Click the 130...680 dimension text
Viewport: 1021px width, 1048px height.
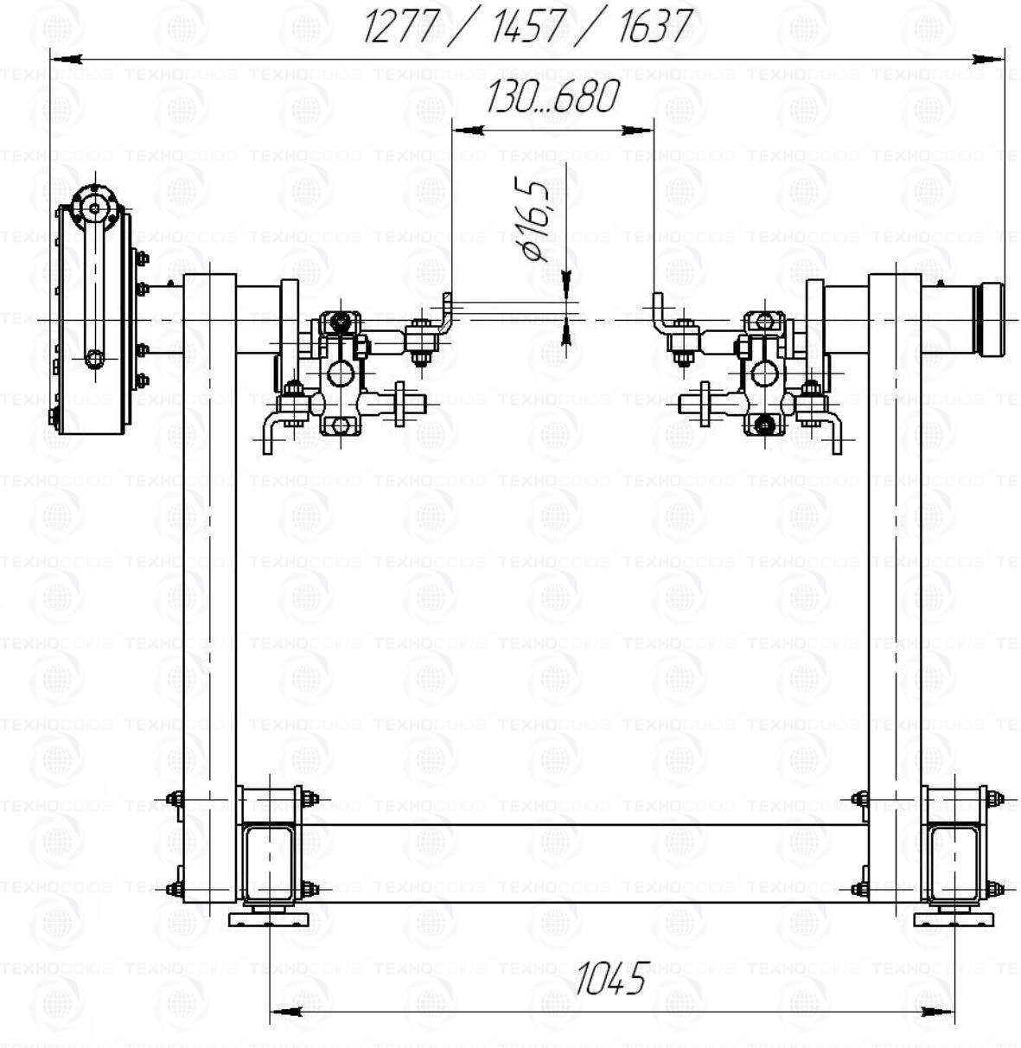click(553, 97)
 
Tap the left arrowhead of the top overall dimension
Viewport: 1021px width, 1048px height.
click(66, 58)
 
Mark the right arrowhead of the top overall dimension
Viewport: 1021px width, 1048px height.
click(989, 58)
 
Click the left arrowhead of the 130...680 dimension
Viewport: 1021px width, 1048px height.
click(468, 131)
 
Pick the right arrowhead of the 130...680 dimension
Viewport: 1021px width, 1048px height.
click(638, 131)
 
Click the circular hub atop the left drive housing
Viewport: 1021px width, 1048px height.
click(95, 208)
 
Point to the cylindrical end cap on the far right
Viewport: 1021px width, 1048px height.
click(990, 319)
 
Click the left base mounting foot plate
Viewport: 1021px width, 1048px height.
click(269, 919)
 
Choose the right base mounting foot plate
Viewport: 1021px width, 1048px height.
click(954, 919)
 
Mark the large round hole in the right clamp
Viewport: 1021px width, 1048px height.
click(764, 374)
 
